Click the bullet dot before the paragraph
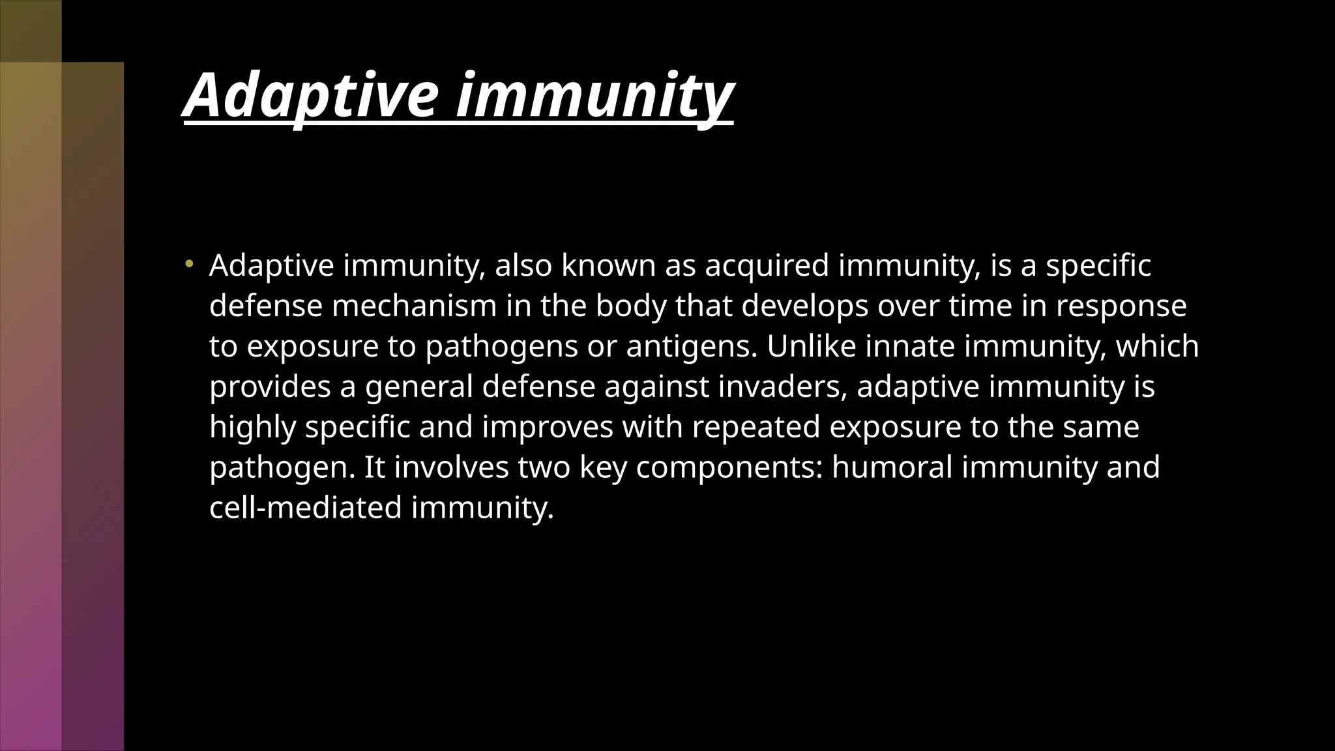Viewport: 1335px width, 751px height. point(189,264)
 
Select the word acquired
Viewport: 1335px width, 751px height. point(767,267)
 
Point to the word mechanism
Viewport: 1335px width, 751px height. point(415,306)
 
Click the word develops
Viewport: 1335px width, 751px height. point(805,306)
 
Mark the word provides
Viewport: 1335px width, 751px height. point(270,387)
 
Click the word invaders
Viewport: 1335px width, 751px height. point(782,387)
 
